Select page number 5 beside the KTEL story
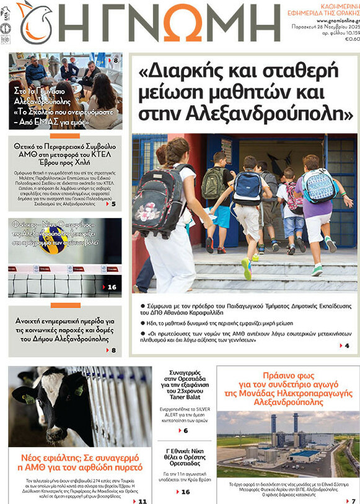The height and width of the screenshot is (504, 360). (x=113, y=204)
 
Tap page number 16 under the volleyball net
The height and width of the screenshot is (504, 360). (x=112, y=287)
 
